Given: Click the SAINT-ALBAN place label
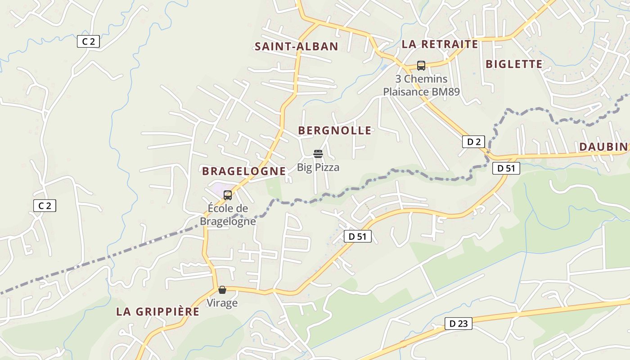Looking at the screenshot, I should (x=296, y=46).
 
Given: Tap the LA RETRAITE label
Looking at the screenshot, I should (x=440, y=44).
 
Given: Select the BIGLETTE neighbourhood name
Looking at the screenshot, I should (x=514, y=64).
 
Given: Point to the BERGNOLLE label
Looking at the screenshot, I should (x=335, y=131).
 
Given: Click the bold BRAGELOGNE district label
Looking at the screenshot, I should (x=244, y=171).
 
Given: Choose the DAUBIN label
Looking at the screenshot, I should (x=603, y=147).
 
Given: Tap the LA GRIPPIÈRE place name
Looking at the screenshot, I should (x=157, y=312).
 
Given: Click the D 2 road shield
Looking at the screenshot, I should (x=473, y=142).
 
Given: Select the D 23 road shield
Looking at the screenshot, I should (x=458, y=323).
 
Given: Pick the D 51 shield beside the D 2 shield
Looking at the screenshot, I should (x=506, y=168).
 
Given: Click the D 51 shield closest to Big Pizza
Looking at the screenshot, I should (x=358, y=236).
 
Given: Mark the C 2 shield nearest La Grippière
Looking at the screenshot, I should (x=45, y=206).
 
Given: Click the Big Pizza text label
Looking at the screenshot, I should (x=318, y=167).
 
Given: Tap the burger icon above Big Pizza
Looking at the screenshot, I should (x=318, y=154).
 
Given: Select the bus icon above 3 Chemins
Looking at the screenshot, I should (x=421, y=66).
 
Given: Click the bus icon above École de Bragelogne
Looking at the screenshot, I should (x=228, y=195).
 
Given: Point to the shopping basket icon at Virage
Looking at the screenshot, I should (x=222, y=290).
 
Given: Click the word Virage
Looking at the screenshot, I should (x=222, y=303).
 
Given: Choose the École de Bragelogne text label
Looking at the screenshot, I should (x=228, y=215).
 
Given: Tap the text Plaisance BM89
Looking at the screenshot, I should (x=421, y=92).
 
